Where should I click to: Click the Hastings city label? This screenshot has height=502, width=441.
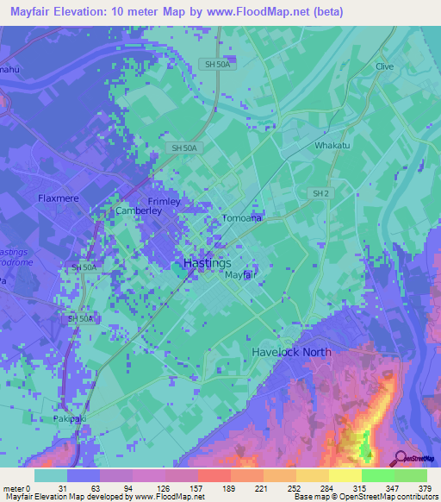tap(208, 262)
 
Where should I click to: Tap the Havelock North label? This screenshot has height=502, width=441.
tap(291, 352)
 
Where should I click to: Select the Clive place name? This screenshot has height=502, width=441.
tap(384, 66)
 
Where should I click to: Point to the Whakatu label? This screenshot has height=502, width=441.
tap(332, 146)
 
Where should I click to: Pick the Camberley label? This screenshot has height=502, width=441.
tap(138, 210)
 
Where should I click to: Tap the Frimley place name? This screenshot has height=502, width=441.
tap(164, 201)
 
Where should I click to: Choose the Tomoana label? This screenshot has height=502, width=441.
tap(242, 218)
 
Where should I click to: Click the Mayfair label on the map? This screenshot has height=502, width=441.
tap(241, 275)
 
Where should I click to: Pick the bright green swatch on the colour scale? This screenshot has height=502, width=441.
tap(377, 475)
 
